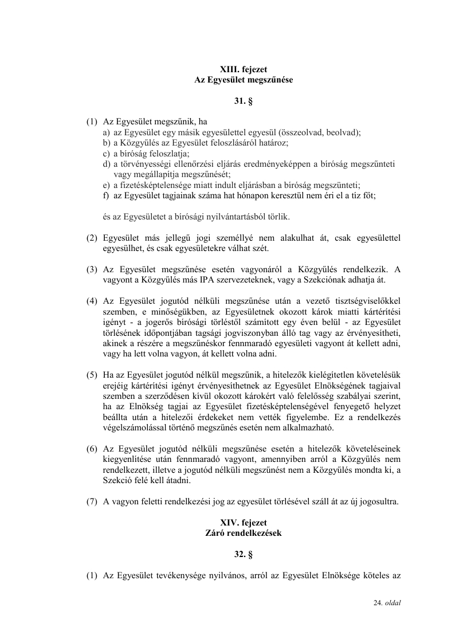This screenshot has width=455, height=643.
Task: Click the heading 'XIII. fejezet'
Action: point(244,70)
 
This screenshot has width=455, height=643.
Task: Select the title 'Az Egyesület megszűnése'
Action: point(244,80)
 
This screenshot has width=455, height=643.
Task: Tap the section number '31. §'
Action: point(244,101)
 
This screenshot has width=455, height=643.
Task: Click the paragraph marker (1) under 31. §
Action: point(92,122)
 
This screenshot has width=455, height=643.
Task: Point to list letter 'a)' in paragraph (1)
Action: point(107,132)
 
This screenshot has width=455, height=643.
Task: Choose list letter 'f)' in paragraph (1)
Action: point(107,195)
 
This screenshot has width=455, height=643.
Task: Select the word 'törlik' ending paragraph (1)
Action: point(278,217)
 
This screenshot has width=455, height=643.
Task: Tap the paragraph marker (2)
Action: point(92,238)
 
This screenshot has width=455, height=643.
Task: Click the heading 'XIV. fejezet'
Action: point(244,522)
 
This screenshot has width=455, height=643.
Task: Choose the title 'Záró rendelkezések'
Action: point(244,532)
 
